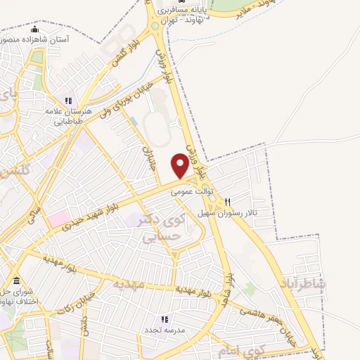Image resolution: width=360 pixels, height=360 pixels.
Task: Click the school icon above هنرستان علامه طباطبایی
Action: (x=68, y=101)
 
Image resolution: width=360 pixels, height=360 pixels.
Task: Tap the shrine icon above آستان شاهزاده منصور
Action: (x=36, y=29)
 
